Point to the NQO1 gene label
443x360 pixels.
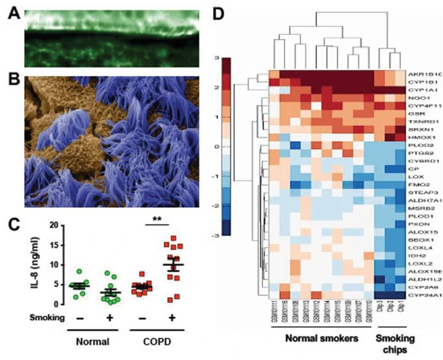point(414,98)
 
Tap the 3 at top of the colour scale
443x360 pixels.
point(217,58)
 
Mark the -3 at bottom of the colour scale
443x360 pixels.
point(216,235)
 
